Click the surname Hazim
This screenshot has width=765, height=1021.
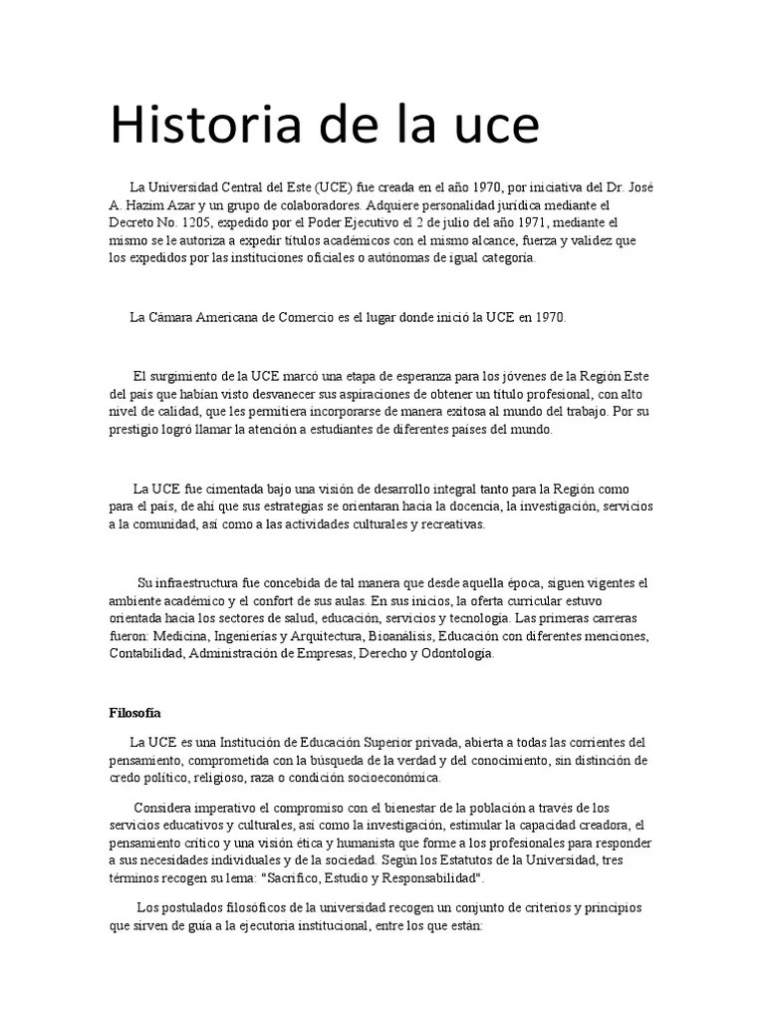pos(146,204)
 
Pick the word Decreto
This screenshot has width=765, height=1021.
pos(131,222)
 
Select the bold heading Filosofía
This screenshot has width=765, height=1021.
pos(133,713)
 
